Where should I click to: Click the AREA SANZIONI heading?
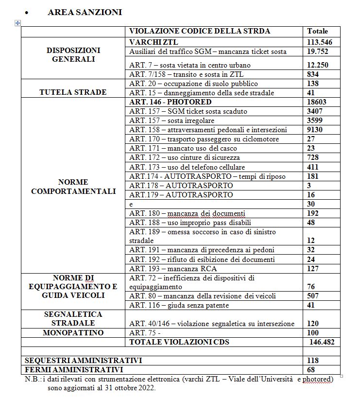(x=85, y=12)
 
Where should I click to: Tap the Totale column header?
(x=318, y=31)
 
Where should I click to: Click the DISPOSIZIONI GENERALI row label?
(x=73, y=55)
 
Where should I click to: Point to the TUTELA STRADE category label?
(x=73, y=92)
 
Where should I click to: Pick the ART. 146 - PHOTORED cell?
(x=171, y=102)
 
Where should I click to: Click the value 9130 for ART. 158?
(x=316, y=130)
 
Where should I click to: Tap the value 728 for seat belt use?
(x=313, y=157)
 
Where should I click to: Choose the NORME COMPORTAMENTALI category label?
(x=73, y=187)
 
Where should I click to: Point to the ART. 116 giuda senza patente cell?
(x=179, y=305)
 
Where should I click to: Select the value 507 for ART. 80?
(x=313, y=296)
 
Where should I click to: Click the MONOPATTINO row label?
(x=73, y=333)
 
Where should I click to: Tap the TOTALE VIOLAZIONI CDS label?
(x=179, y=342)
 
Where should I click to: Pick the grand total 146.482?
(x=322, y=342)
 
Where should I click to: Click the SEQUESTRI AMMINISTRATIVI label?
(x=83, y=360)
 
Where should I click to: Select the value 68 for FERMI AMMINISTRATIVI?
(x=312, y=369)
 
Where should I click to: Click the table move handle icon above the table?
(x=18, y=23)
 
